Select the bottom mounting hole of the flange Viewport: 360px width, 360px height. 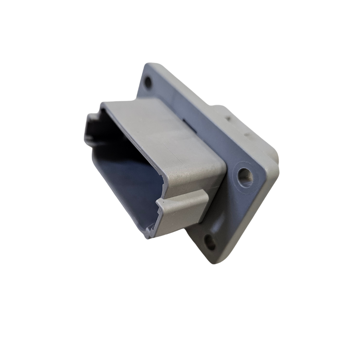pyautogui.click(x=211, y=243)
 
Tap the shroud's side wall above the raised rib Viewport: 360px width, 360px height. pyautogui.click(x=189, y=180)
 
